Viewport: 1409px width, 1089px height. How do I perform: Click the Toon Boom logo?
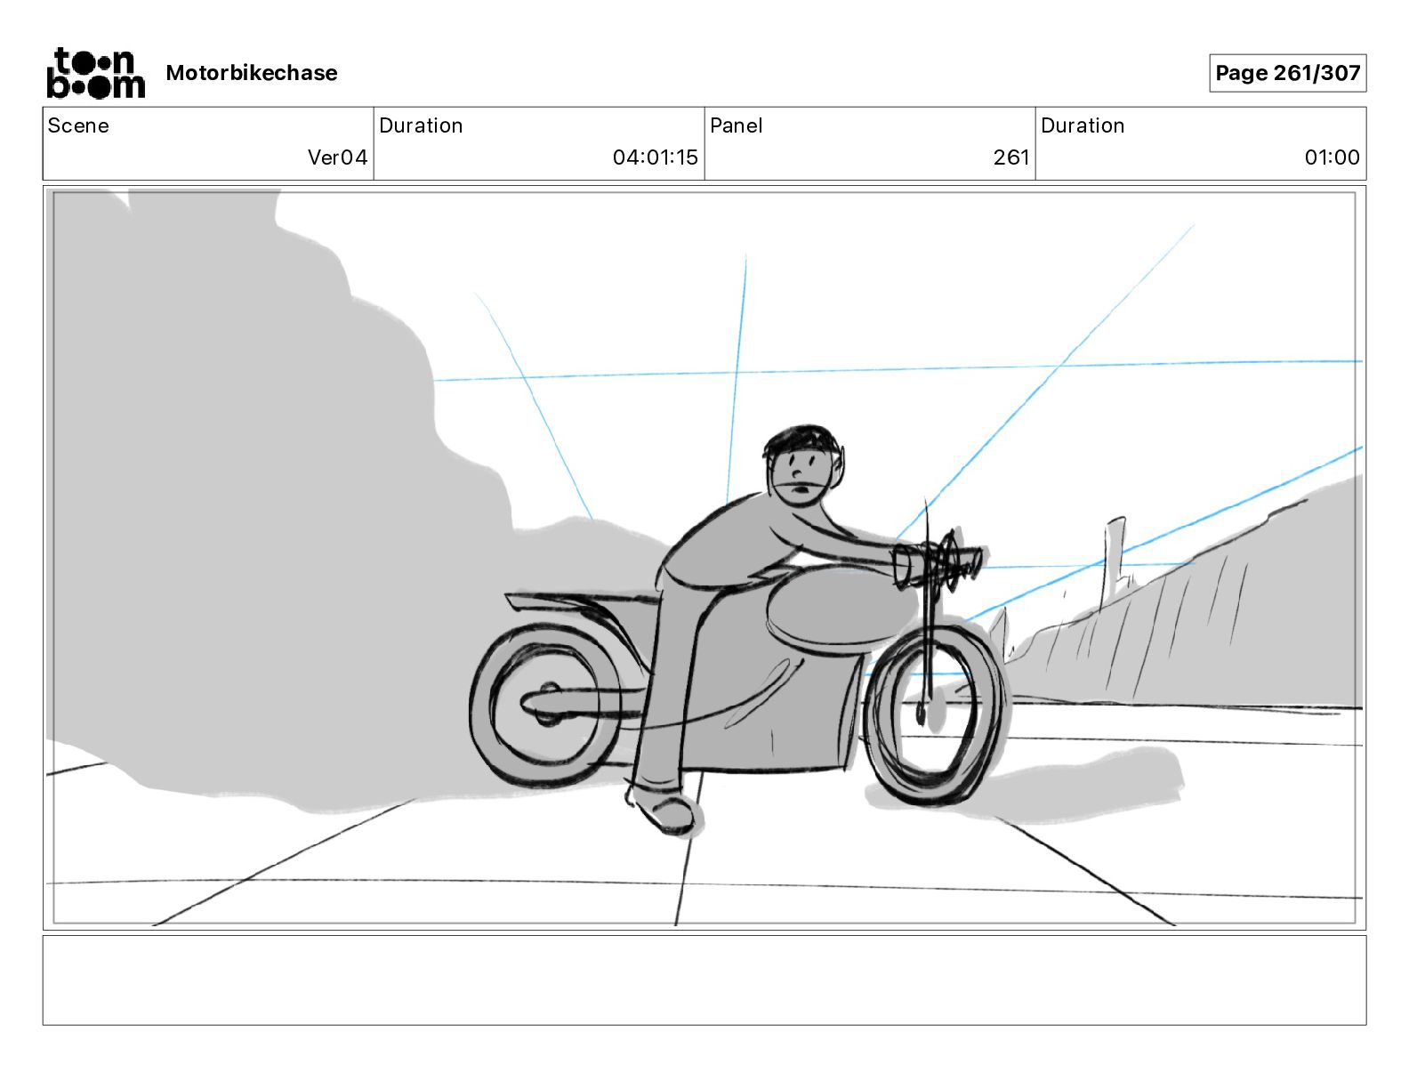95,73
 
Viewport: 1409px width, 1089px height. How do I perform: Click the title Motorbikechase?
252,73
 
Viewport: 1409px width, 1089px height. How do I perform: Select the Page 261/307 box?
1287,73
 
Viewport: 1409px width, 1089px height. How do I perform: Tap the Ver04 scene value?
337,157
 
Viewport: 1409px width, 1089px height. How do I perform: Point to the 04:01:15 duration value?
655,157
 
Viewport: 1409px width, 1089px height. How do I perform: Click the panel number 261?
1010,157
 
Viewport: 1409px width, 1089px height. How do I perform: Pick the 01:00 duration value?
1332,157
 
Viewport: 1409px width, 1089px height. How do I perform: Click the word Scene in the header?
78,125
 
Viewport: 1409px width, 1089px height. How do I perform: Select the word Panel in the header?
736,125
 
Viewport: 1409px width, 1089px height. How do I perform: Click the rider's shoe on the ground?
666,811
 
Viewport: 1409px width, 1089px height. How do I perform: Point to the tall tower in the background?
1113,561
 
